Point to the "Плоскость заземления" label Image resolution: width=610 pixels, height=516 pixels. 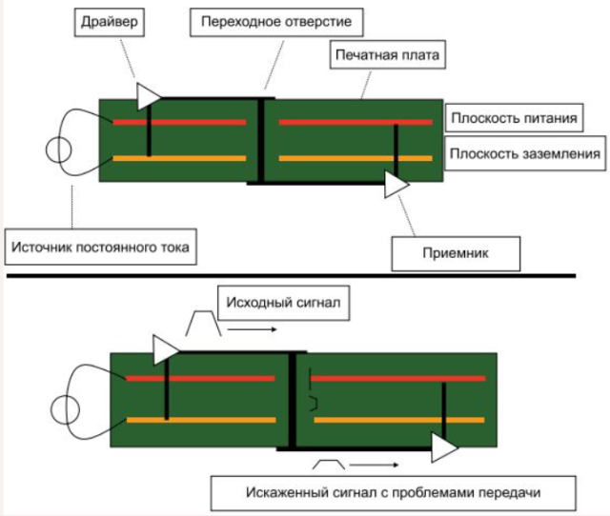tap(525, 152)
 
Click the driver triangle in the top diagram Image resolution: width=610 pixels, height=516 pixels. tap(148, 95)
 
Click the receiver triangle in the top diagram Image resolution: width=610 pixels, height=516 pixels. tap(395, 184)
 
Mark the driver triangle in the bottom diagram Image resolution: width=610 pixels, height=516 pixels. tap(165, 347)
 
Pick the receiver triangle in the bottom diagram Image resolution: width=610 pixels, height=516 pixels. tap(442, 445)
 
